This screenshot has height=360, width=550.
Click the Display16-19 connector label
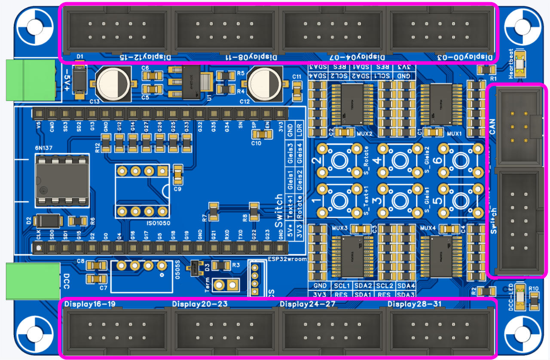point(90,304)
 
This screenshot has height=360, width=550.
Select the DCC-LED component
point(520,297)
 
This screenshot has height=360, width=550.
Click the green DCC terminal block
point(32,281)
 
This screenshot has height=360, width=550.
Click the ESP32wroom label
point(287,259)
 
